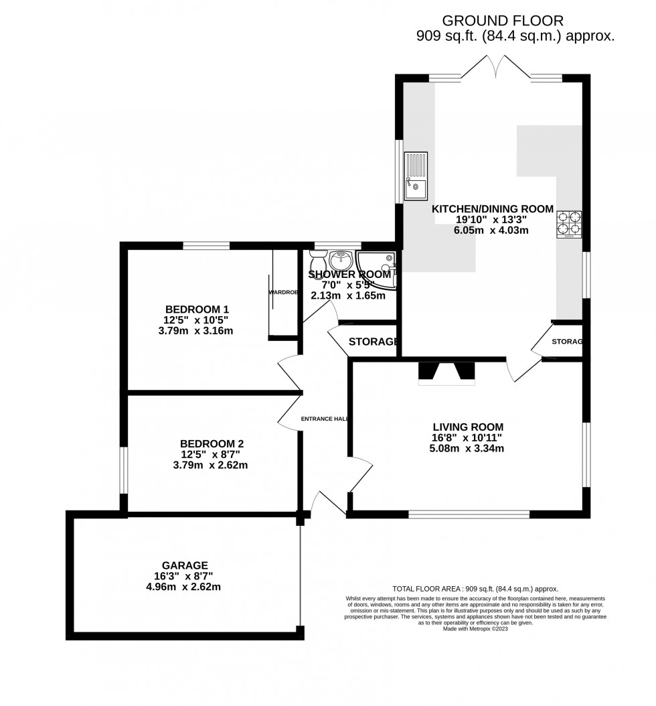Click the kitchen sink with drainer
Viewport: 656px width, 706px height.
[x=416, y=177]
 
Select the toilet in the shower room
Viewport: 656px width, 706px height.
[x=317, y=259]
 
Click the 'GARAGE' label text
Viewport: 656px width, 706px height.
[x=185, y=565]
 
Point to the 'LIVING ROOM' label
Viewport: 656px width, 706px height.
[x=468, y=427]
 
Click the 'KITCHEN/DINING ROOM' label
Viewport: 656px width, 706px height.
[x=493, y=209]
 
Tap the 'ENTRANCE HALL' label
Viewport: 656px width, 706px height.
[x=325, y=419]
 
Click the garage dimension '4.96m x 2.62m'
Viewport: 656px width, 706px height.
[x=185, y=587]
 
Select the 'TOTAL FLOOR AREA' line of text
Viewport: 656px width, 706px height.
[x=475, y=589]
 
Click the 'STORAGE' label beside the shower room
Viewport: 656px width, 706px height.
[x=373, y=342]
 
